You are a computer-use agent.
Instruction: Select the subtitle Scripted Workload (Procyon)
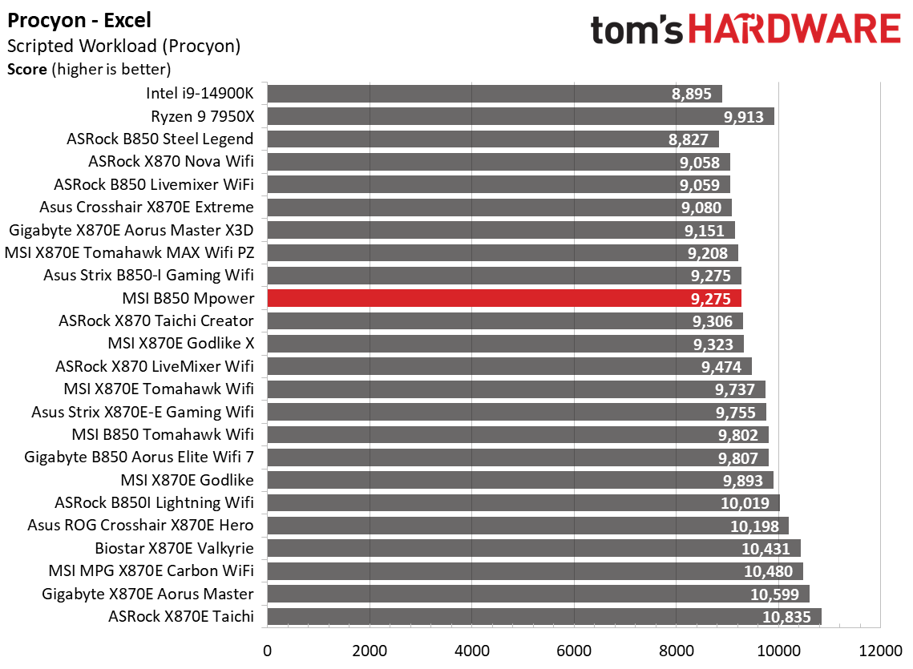tap(123, 46)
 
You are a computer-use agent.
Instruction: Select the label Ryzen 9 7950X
tap(202, 116)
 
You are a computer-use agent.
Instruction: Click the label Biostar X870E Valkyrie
tap(174, 548)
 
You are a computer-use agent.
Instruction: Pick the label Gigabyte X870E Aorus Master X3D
tap(131, 230)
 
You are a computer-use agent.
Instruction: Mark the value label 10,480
tap(768, 571)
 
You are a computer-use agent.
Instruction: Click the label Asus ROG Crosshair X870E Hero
tap(140, 526)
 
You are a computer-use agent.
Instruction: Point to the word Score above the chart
tap(27, 69)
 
